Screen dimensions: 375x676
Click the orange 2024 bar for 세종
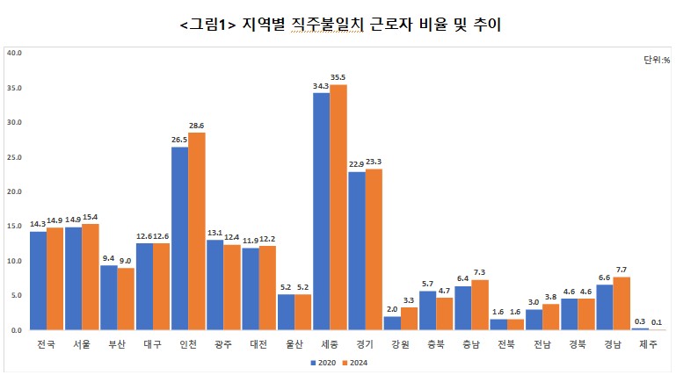(338, 207)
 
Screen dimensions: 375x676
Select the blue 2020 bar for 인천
(179, 238)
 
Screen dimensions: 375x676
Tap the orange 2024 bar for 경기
(374, 249)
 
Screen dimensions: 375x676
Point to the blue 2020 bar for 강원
(392, 323)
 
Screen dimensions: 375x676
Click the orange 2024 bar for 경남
(621, 303)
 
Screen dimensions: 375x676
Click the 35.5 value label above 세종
(338, 77)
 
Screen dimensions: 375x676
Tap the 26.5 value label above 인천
(179, 140)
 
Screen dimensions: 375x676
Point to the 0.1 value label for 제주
(658, 322)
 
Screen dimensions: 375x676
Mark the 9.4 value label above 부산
(108, 258)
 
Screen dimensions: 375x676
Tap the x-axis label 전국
(47, 345)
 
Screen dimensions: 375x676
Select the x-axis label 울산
(294, 345)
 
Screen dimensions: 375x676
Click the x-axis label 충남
(471, 345)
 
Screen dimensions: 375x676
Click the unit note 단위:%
(656, 60)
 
